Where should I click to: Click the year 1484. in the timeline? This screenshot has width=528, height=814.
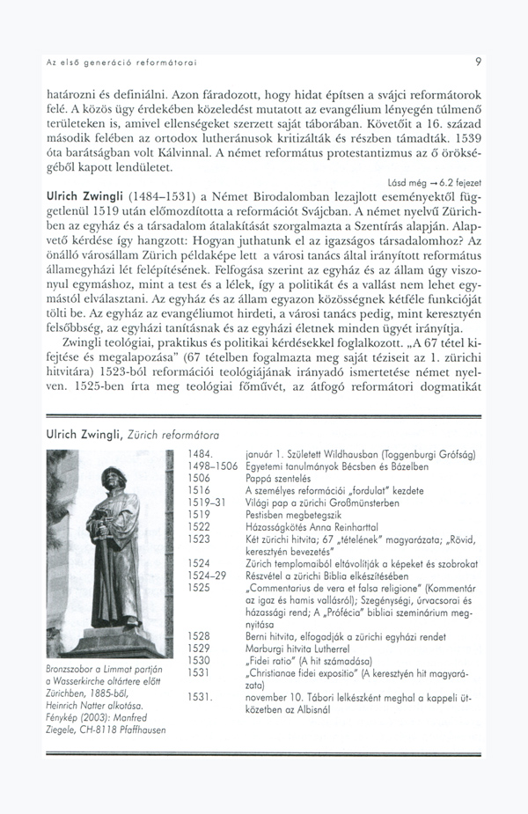click(x=203, y=453)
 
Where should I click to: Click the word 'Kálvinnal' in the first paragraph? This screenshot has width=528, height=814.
click(x=179, y=152)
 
